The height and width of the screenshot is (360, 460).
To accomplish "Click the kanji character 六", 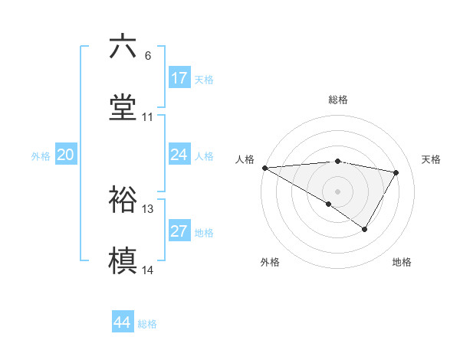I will pyautogui.click(x=123, y=47).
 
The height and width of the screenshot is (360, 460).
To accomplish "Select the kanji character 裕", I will pyautogui.click(x=123, y=200).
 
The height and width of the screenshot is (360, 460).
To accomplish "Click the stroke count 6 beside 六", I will pyautogui.click(x=148, y=56).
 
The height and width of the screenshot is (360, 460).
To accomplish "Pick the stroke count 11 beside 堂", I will pyautogui.click(x=148, y=117).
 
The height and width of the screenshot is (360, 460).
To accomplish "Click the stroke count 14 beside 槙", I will pyautogui.click(x=148, y=270).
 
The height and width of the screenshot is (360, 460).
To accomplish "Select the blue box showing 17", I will pyautogui.click(x=179, y=78).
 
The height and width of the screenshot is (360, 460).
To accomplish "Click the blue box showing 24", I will pyautogui.click(x=179, y=155).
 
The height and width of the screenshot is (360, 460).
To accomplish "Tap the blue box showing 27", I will pyautogui.click(x=179, y=231).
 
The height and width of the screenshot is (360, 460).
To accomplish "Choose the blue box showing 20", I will pyautogui.click(x=66, y=155).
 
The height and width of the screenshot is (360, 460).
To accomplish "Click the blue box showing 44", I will pyautogui.click(x=123, y=322).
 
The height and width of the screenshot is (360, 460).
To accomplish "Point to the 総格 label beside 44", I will pyautogui.click(x=147, y=324).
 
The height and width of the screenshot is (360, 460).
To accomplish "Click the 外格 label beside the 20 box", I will pyautogui.click(x=41, y=156).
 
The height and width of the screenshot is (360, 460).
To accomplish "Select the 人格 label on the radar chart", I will pyautogui.click(x=245, y=159).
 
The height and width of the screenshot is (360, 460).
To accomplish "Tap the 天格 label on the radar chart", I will pyautogui.click(x=432, y=159).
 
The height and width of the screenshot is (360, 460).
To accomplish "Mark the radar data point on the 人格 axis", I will pyautogui.click(x=264, y=168).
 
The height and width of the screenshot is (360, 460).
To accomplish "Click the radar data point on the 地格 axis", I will pyautogui.click(x=365, y=229).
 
